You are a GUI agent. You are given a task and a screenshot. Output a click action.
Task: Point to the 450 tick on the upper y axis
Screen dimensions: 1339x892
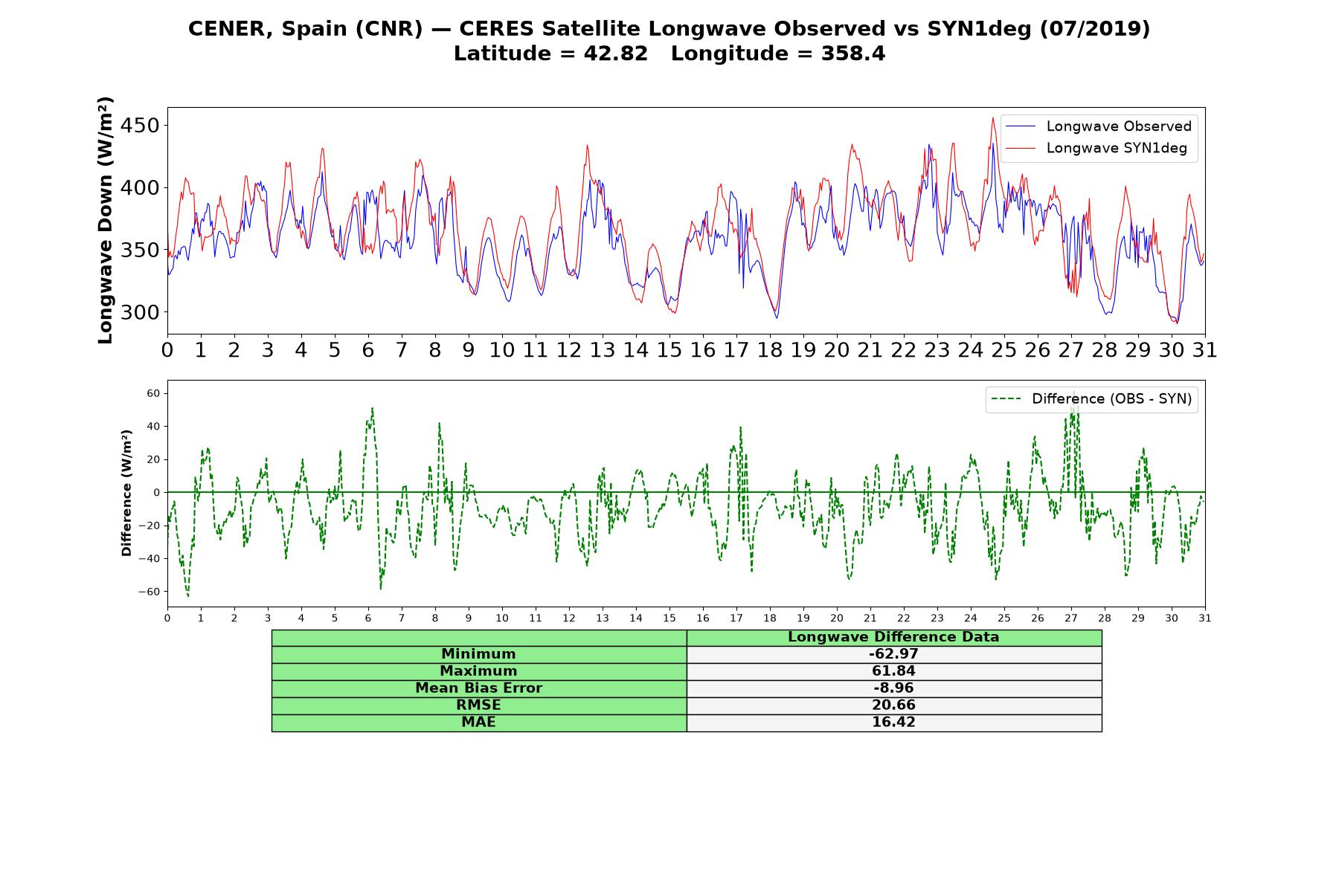click(x=139, y=126)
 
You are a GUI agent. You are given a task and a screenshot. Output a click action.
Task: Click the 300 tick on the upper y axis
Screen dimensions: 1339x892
click(x=139, y=312)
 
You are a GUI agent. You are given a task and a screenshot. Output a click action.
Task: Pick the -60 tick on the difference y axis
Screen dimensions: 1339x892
click(x=149, y=592)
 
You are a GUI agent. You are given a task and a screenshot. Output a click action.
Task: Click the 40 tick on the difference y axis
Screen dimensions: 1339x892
click(x=152, y=426)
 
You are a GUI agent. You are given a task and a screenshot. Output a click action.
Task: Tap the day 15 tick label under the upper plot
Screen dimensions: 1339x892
click(x=669, y=350)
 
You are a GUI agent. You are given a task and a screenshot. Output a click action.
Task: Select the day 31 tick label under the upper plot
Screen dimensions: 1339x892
click(x=1204, y=350)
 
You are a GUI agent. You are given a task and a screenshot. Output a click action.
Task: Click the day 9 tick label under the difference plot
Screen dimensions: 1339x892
click(x=469, y=618)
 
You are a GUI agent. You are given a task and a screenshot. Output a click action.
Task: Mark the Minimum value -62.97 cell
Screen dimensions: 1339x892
click(x=893, y=654)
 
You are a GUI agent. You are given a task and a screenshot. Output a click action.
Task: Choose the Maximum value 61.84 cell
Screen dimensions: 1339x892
click(x=893, y=671)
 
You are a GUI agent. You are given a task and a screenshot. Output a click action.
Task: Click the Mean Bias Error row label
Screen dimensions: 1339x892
click(x=478, y=688)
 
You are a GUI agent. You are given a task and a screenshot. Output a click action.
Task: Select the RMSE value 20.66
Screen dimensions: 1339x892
click(x=893, y=705)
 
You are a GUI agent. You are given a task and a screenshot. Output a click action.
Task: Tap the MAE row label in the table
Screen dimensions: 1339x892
click(x=478, y=723)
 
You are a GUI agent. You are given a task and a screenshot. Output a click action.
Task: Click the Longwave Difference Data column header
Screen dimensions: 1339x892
click(x=893, y=637)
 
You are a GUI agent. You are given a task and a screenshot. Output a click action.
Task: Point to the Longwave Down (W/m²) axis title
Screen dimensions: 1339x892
click(x=105, y=220)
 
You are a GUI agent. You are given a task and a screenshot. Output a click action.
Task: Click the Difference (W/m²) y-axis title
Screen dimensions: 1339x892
click(x=126, y=493)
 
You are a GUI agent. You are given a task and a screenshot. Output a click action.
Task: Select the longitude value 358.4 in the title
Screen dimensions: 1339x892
click(x=853, y=54)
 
